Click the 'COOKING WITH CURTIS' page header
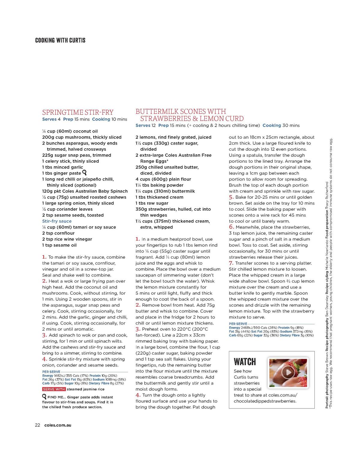click(60, 40)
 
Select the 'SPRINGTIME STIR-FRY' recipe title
click(78, 112)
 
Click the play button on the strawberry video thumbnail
click(288, 372)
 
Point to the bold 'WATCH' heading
click(245, 362)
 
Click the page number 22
click(37, 425)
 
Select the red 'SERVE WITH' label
click(54, 389)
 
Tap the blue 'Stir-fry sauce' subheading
click(57, 221)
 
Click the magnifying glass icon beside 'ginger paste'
click(84, 173)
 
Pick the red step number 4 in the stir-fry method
click(44, 359)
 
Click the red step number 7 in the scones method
click(231, 263)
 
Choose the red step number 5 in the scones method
click(231, 197)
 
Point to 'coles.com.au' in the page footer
click(58, 425)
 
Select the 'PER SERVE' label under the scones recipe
click(238, 324)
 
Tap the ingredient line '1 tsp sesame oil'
click(59, 245)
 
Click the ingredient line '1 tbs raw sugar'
click(152, 203)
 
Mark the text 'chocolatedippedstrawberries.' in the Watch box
click(265, 401)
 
